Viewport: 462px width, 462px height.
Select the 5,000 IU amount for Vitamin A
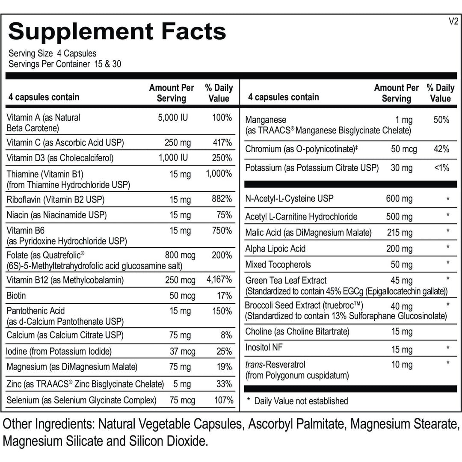pyautogui.click(x=173, y=117)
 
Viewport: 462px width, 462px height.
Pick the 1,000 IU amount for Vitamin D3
pyautogui.click(x=173, y=158)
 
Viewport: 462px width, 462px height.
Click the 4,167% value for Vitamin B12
pyautogui.click(x=219, y=280)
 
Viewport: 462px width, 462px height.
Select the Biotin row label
pyautogui.click(x=16, y=296)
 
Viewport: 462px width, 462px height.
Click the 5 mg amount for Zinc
pyautogui.click(x=182, y=384)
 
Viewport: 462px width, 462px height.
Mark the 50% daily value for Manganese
pyautogui.click(x=441, y=120)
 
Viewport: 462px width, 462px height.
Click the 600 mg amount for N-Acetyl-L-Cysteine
pyautogui.click(x=399, y=199)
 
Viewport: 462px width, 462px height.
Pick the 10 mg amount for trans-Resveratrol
pyautogui.click(x=402, y=365)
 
